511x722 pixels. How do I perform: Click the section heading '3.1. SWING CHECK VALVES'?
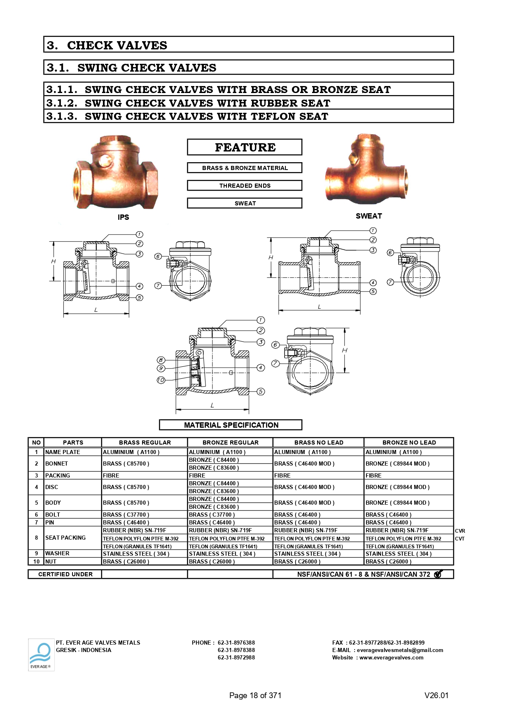[132, 68]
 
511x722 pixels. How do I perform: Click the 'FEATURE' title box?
[245, 147]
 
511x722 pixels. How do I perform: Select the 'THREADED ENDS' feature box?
[245, 186]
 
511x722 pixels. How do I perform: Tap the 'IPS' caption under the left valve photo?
[123, 217]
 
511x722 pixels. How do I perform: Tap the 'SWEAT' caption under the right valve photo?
[369, 216]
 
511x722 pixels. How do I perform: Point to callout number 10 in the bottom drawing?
[161, 380]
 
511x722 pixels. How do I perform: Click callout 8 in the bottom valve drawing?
[161, 360]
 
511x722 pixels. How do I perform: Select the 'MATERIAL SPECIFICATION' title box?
[231, 425]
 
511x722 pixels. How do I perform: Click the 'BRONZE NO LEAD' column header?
[409, 443]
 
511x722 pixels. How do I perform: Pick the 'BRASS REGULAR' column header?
[145, 443]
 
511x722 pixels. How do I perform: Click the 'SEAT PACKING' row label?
[65, 538]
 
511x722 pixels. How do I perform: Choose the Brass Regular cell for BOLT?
[126, 515]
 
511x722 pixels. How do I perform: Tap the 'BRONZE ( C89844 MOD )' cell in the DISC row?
[397, 487]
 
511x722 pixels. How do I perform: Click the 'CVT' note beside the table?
[460, 539]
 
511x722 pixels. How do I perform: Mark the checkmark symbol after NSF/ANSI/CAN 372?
[438, 574]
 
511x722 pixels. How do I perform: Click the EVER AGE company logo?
[41, 654]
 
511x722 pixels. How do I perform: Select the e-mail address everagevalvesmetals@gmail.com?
[400, 650]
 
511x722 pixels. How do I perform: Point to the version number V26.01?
[436, 696]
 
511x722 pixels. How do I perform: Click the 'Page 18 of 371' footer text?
[255, 696]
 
